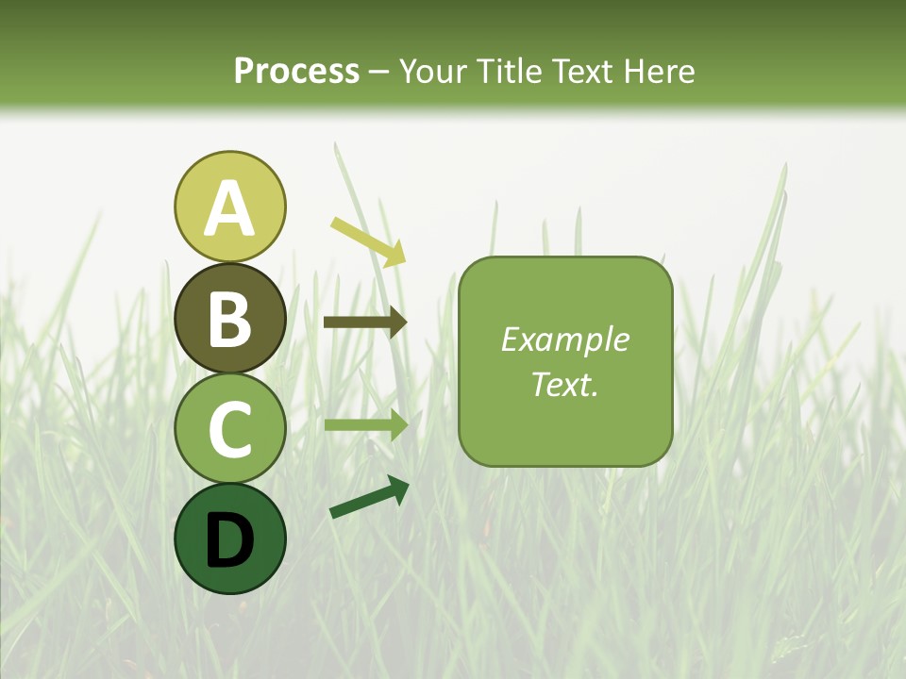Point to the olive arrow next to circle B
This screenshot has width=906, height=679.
click(x=364, y=323)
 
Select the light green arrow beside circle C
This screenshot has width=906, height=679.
click(x=365, y=424)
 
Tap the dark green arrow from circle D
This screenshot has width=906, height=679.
click(x=368, y=497)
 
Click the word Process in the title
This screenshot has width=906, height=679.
click(x=296, y=71)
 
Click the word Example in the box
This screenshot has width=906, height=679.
click(x=565, y=339)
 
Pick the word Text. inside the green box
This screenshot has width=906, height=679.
click(x=565, y=384)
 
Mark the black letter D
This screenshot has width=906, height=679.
click(x=229, y=540)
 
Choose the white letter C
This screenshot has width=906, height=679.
click(x=229, y=429)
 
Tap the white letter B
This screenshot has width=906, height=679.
click(x=229, y=319)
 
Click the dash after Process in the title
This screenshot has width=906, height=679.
click(x=379, y=72)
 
